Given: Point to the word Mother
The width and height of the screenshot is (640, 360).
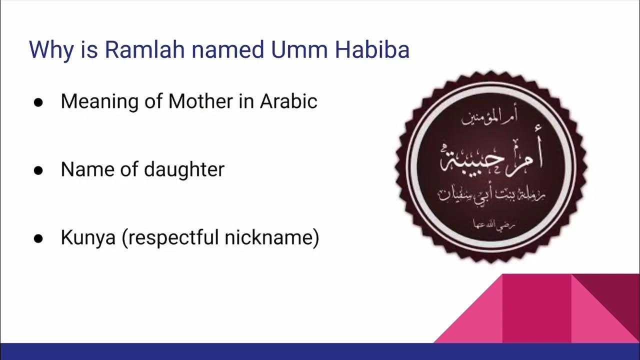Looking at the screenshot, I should [x=200, y=101].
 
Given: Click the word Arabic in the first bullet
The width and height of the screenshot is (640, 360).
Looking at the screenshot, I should [x=288, y=101].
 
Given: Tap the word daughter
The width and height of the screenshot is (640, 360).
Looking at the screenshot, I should [x=184, y=170].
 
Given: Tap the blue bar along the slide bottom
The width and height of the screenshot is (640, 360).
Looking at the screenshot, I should [x=320, y=351].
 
